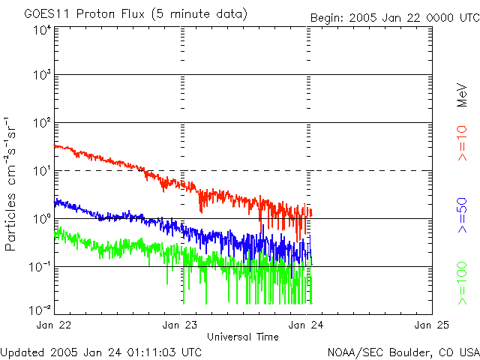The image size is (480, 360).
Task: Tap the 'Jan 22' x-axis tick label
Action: tap(55, 325)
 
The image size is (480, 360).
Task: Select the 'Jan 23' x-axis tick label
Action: tap(181, 325)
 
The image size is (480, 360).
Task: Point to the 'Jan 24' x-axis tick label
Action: tap(307, 325)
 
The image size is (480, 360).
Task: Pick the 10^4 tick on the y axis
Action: tap(42, 30)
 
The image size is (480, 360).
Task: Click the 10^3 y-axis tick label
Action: tap(42, 76)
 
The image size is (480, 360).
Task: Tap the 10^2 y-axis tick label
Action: tap(42, 123)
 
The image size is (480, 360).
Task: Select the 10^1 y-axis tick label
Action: tap(42, 171)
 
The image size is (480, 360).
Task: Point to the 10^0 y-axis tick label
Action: tap(42, 219)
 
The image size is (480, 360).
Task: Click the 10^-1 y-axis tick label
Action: tap(40, 267)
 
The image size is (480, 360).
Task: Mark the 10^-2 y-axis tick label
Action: tap(40, 310)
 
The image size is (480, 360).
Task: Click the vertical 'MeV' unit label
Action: tap(463, 95)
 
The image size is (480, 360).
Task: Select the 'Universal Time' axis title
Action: tap(243, 337)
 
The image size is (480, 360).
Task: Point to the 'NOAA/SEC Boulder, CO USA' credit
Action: tap(403, 352)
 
